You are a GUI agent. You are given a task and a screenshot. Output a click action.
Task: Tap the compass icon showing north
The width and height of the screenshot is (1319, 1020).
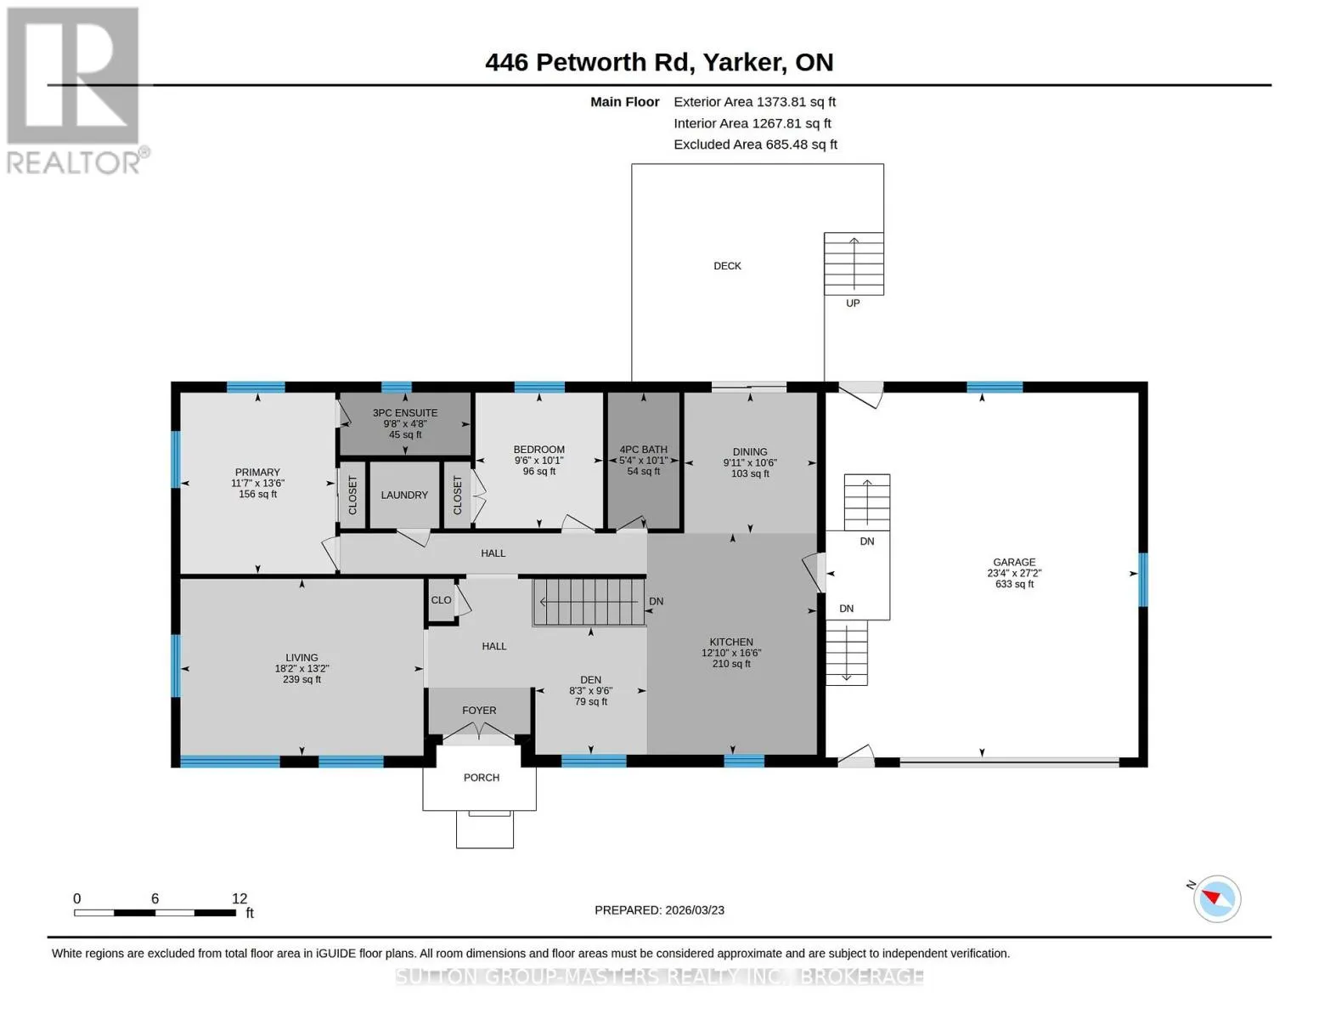1216,898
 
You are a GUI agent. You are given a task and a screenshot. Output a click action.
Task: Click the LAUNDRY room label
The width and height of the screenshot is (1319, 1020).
404,495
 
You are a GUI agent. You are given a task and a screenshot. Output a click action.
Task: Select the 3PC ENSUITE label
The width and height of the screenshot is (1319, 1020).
405,412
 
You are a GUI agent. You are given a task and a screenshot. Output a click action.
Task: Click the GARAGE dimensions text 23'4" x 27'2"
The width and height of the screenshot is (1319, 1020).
1014,573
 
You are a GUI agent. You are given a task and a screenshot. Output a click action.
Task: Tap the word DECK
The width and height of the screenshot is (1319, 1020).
727,266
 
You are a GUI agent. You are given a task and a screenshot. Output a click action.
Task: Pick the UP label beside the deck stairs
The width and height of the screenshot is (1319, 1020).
853,303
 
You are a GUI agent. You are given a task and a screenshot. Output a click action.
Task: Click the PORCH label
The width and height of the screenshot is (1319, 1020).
482,778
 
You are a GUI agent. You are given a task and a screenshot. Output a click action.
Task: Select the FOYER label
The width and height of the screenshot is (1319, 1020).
479,710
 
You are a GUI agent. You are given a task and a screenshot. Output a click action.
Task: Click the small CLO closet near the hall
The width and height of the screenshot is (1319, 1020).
442,599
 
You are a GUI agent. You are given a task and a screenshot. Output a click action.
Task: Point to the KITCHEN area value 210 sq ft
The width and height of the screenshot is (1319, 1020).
731,664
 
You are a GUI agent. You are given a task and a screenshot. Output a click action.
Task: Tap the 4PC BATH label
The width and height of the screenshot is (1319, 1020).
644,450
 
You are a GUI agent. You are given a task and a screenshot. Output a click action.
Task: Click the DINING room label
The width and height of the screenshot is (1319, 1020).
750,452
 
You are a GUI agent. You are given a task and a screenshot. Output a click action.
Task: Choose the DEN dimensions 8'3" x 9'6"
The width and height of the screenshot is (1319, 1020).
590,691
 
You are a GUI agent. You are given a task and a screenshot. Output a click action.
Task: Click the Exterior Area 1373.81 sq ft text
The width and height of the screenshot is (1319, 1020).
754,102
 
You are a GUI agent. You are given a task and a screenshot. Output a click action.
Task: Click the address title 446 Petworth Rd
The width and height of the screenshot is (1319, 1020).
589,62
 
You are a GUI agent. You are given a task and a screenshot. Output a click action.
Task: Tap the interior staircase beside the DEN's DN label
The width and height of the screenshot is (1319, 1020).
589,602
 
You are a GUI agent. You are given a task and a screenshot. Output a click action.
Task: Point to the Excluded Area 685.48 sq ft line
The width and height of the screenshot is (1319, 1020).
755,144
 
